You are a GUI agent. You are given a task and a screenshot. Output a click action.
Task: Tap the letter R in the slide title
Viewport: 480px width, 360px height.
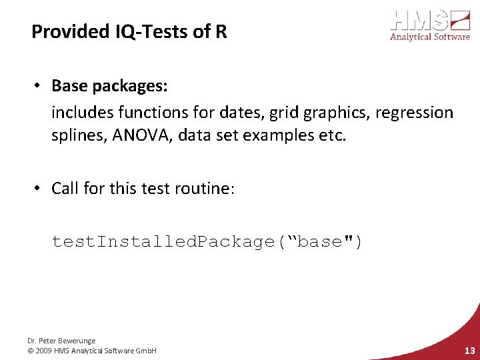pos(221,31)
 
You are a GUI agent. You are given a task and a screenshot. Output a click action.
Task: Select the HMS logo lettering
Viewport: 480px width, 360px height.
pos(419,20)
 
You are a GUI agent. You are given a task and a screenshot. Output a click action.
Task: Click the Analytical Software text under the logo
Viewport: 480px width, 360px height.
pos(429,37)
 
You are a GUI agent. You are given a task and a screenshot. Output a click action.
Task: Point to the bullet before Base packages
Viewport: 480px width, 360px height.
pos(41,86)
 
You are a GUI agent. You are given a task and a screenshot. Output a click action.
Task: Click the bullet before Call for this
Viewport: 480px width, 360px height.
pos(41,189)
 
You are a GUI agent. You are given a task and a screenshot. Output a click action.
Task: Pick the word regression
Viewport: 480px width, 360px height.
pos(414,113)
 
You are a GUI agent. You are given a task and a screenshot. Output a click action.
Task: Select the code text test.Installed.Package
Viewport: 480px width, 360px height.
pos(163,241)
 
